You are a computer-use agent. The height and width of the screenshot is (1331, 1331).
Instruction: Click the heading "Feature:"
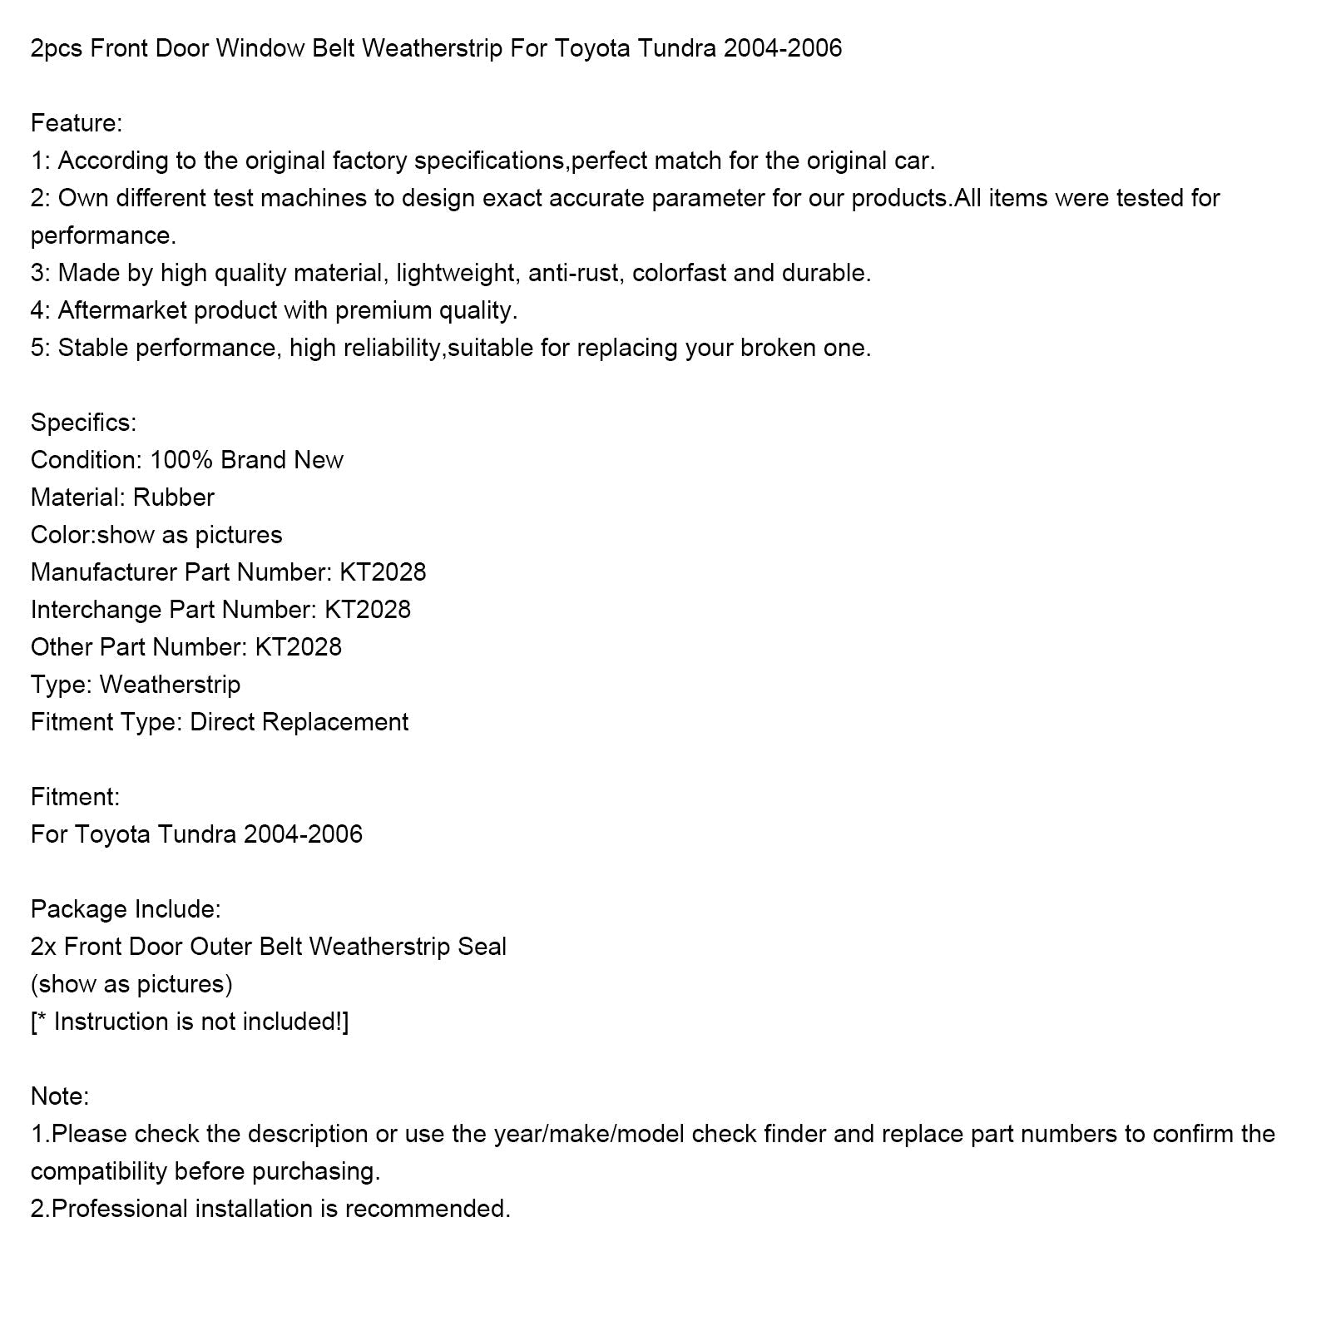77,123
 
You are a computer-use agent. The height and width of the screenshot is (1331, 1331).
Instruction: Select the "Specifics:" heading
83,423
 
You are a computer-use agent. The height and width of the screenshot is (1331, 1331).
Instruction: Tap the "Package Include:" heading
126,909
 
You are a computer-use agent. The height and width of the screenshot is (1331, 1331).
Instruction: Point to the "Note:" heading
60,1096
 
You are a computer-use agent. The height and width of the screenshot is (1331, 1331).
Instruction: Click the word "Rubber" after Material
174,497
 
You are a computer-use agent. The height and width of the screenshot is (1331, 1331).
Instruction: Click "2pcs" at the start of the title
57,49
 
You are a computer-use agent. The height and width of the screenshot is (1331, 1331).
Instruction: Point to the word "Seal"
482,947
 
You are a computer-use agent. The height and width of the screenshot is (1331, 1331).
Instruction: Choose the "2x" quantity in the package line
43,947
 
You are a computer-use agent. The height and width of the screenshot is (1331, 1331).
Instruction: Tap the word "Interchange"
96,610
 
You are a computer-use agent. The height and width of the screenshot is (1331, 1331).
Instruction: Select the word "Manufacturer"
104,572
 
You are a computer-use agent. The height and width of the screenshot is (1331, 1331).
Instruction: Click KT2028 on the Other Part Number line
299,647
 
